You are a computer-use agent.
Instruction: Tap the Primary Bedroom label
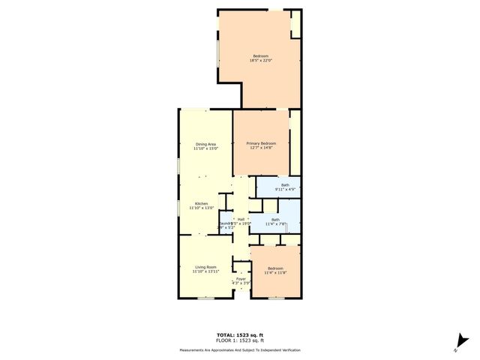coord(262,143)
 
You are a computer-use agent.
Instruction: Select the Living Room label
coord(205,267)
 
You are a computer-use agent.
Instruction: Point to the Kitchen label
coord(202,203)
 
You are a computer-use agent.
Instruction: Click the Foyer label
coord(241,279)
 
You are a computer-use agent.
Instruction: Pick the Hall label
coord(241,219)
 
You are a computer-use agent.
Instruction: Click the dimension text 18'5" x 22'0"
coord(260,61)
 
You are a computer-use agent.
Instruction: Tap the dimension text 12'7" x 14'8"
coord(262,148)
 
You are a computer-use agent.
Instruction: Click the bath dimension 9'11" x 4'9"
coord(285,190)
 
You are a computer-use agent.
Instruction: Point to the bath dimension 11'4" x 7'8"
coord(275,224)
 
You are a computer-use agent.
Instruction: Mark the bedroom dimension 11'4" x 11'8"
coord(277,272)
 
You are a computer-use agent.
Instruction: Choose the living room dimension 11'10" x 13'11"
coord(205,271)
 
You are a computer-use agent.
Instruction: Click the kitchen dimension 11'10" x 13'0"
coord(202,208)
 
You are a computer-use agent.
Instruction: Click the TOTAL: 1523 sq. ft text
coord(240,334)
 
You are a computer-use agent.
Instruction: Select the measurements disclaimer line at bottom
coord(240,350)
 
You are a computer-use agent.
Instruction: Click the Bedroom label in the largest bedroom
coord(260,56)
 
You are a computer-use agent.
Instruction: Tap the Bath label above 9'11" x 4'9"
coord(285,185)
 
